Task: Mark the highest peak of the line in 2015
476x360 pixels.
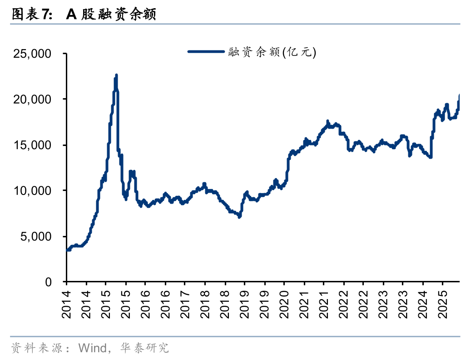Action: (116, 75)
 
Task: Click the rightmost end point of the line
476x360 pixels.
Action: (460, 95)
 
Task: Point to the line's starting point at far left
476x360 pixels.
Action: (68, 250)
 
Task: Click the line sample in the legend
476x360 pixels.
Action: (207, 52)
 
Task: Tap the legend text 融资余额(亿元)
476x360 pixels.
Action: (272, 52)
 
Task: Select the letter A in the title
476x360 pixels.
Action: (71, 15)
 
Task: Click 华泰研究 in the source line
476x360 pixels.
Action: (144, 348)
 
